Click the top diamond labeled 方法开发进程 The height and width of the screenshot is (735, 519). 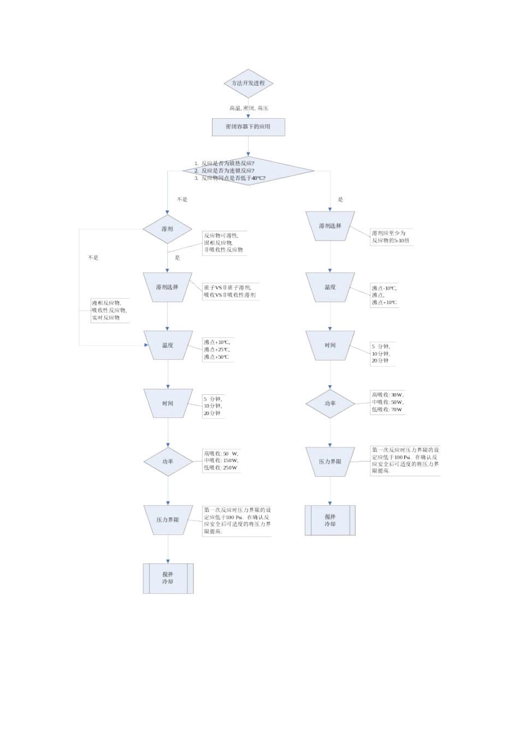point(248,84)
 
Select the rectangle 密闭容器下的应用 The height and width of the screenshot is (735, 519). point(248,127)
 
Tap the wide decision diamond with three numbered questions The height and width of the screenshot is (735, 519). point(248,171)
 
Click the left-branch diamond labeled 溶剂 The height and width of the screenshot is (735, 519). point(167,229)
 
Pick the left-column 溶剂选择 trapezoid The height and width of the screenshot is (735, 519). point(167,287)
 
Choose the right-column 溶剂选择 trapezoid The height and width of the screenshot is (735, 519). point(330,226)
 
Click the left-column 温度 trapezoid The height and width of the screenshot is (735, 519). point(168,345)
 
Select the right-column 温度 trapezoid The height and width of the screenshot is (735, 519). point(330,287)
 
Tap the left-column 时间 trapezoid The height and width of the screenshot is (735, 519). point(168,404)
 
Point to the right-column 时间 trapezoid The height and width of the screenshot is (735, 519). point(330,346)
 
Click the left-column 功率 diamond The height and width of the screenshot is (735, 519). point(168,462)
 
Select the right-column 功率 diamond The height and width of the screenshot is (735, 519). point(330,404)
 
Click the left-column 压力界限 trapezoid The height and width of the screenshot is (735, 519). point(168,520)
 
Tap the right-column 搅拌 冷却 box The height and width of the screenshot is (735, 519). point(330,520)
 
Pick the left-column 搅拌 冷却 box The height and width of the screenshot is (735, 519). point(168,578)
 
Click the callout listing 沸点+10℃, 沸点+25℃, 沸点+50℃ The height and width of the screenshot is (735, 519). point(217,349)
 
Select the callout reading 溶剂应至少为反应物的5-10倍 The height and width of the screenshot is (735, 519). point(391,237)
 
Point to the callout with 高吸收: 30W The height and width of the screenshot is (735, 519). point(388,402)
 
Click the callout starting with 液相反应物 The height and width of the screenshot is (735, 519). point(109,310)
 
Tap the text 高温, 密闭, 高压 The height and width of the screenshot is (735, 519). point(249,108)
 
